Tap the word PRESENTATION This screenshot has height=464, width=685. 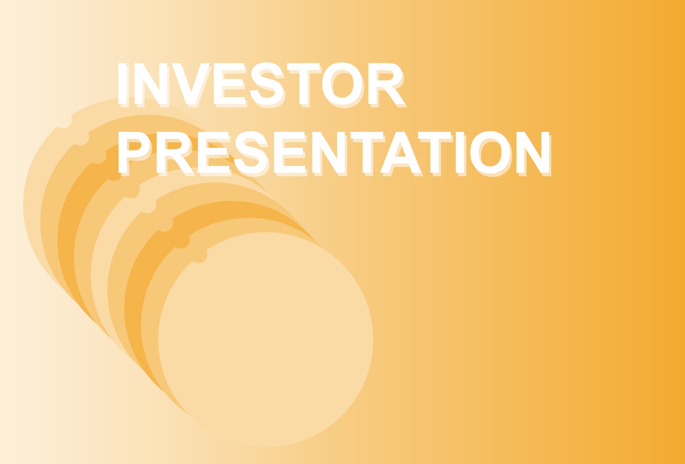pyautogui.click(x=334, y=152)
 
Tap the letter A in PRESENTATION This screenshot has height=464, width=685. pyautogui.click(x=400, y=152)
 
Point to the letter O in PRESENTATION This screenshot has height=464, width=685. pyautogui.click(x=491, y=152)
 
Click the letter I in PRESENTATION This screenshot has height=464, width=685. pyautogui.click(x=460, y=152)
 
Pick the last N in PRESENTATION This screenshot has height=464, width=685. pyautogui.click(x=533, y=152)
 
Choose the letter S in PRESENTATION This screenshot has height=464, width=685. pyautogui.click(x=251, y=152)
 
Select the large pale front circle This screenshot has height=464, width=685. pyautogui.click(x=266, y=339)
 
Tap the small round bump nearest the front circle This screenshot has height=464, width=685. pyautogui.click(x=199, y=255)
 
